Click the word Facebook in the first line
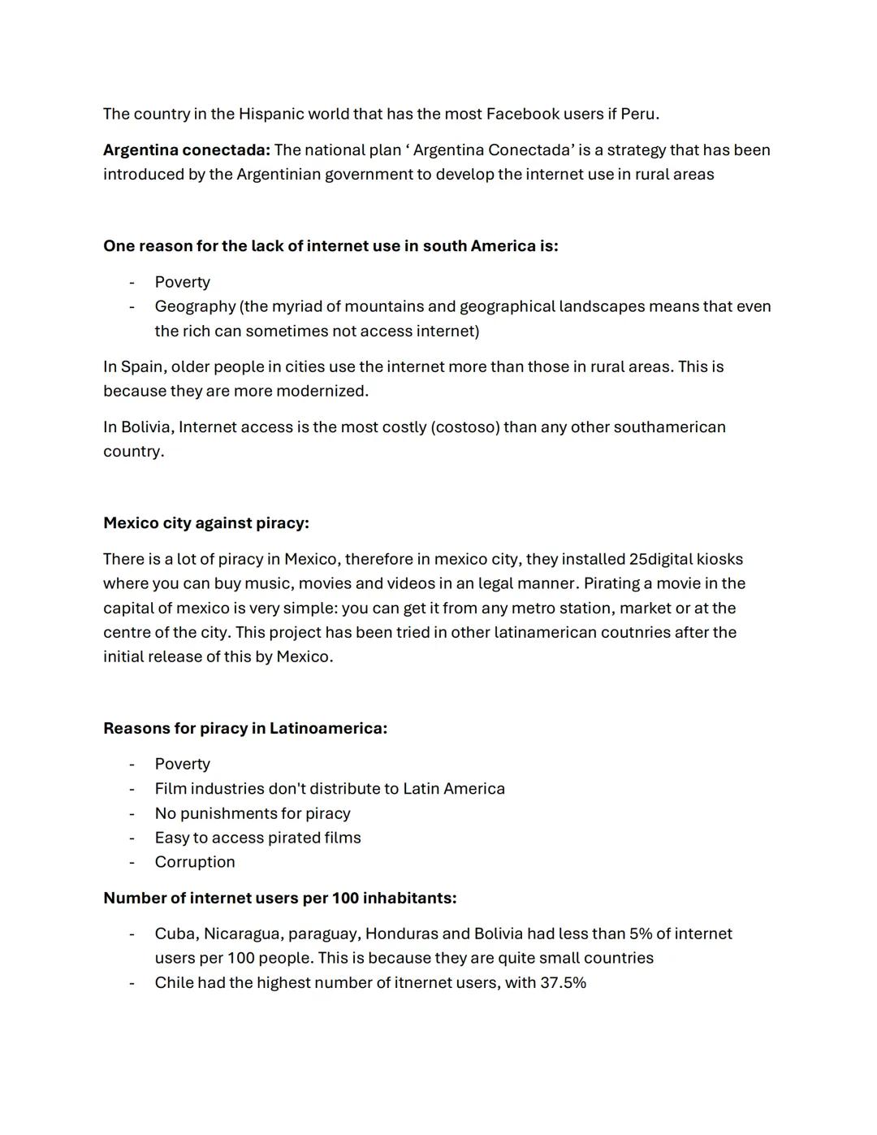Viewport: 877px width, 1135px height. coord(522,114)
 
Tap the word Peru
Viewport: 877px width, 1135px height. coord(639,114)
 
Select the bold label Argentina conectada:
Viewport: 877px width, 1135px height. coord(187,150)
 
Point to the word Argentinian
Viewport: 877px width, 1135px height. coord(278,175)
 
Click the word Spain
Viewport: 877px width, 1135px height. coord(141,366)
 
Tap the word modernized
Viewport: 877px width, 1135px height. coord(322,391)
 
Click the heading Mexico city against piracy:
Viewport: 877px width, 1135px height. coord(206,523)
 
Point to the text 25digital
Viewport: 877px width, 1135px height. coord(660,559)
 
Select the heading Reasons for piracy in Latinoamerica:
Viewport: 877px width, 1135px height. coord(245,728)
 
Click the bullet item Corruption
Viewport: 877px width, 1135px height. coord(195,862)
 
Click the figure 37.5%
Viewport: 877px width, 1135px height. coord(563,983)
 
